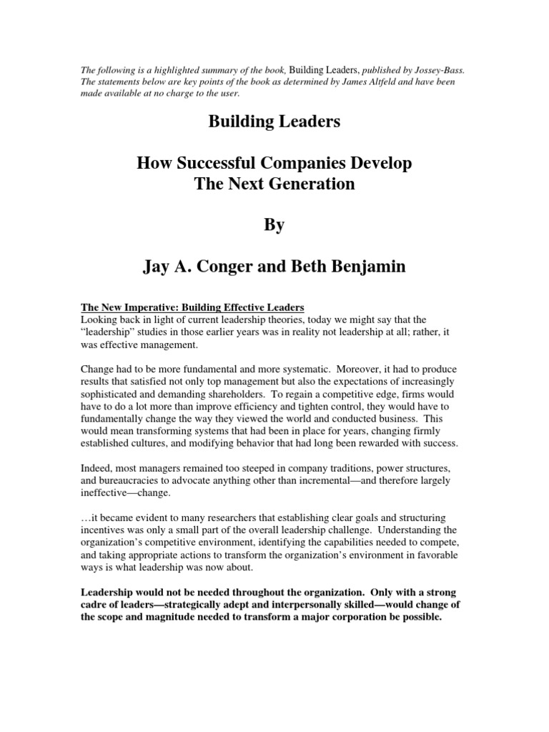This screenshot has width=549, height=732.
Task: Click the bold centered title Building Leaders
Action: click(x=274, y=122)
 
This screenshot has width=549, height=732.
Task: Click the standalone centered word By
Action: click(x=274, y=224)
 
